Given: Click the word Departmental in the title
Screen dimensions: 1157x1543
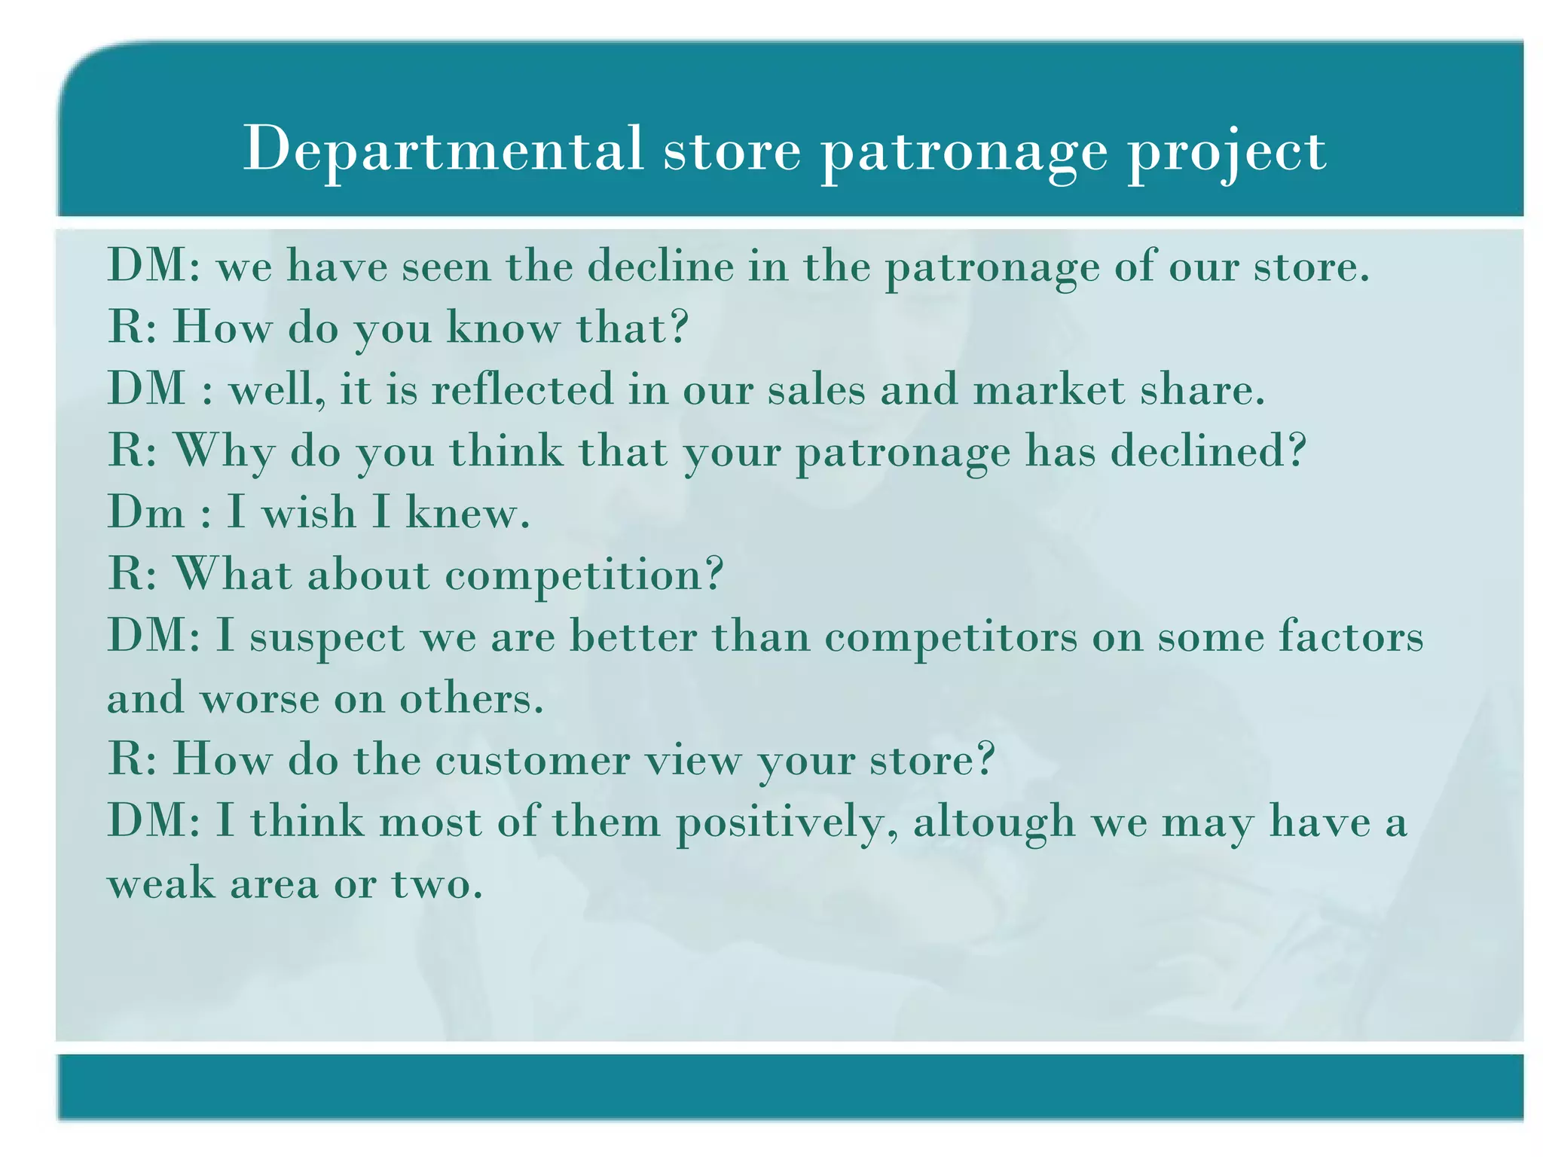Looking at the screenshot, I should point(443,149).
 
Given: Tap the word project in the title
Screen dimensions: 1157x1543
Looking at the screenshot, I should point(1226,151).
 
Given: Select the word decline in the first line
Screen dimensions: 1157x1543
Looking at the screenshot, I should point(660,267).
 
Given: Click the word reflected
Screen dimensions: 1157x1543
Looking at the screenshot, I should point(522,389).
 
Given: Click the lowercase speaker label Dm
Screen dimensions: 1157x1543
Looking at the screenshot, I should point(145,513).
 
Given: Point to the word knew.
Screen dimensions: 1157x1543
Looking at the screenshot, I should point(468,513).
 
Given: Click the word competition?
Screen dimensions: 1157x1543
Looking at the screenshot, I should point(584,576).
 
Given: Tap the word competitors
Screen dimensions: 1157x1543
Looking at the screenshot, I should point(951,637).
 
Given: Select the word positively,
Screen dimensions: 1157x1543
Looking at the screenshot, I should point(787,823).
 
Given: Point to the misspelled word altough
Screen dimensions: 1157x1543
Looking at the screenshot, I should point(994,823).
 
